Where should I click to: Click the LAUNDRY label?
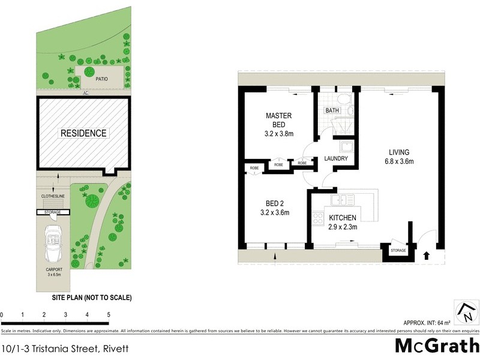coord(336,159)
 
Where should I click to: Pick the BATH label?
coord(332,111)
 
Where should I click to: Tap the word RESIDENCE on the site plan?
coord(83,133)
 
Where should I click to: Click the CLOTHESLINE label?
coord(53,196)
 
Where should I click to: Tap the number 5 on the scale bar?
coord(109,314)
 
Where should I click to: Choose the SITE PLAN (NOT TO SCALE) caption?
coord(92,298)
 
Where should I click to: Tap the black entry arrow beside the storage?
coord(426,254)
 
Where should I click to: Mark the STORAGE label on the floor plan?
coord(398,250)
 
